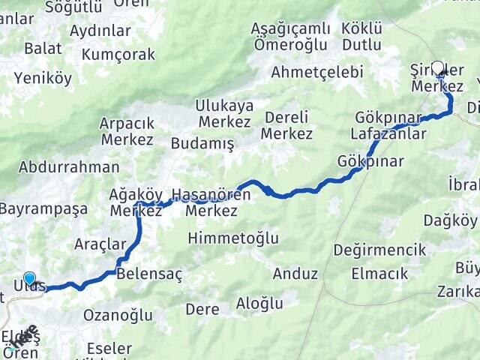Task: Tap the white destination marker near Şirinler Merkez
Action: [x=438, y=67]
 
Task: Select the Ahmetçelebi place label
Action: [x=317, y=72]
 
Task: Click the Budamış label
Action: [x=202, y=143]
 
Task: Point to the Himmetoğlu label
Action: [x=234, y=238]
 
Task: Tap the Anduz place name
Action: [x=295, y=274]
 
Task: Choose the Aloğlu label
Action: [x=259, y=303]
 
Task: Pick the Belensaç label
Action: [x=150, y=274]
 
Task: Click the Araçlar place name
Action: [x=100, y=244]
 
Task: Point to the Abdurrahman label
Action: [x=70, y=167]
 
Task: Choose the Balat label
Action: [x=37, y=48]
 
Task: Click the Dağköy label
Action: [x=450, y=220]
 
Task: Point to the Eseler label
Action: [x=109, y=349]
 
